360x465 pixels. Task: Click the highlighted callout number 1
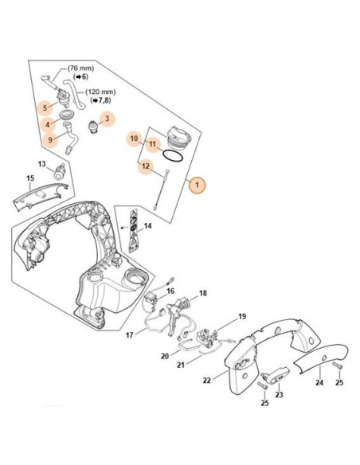197,185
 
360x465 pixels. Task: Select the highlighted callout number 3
108,119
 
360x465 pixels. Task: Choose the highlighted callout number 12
145,166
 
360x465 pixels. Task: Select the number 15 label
29,178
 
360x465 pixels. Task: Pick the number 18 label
202,294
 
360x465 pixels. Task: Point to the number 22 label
207,380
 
